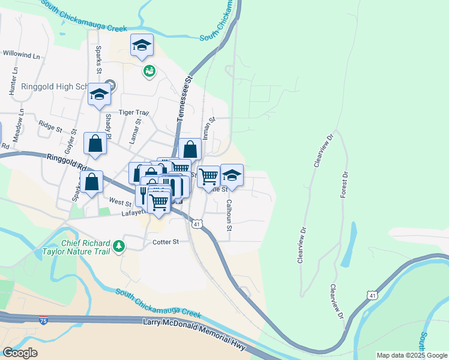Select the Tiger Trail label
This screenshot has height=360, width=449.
click(x=133, y=112)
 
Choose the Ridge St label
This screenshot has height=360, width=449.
click(x=50, y=127)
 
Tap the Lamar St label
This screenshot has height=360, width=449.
click(x=134, y=131)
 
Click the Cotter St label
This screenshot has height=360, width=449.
click(x=166, y=242)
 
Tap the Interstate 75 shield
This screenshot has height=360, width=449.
click(x=43, y=320)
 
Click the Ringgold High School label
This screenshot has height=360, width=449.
click(x=55, y=86)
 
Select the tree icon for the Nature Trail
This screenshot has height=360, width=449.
click(x=119, y=245)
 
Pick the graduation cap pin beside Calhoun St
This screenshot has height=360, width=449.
click(x=232, y=175)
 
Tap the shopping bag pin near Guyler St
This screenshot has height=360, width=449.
click(x=95, y=144)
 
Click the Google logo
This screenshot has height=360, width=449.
click(x=20, y=352)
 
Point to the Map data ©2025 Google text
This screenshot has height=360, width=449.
click(x=411, y=355)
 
